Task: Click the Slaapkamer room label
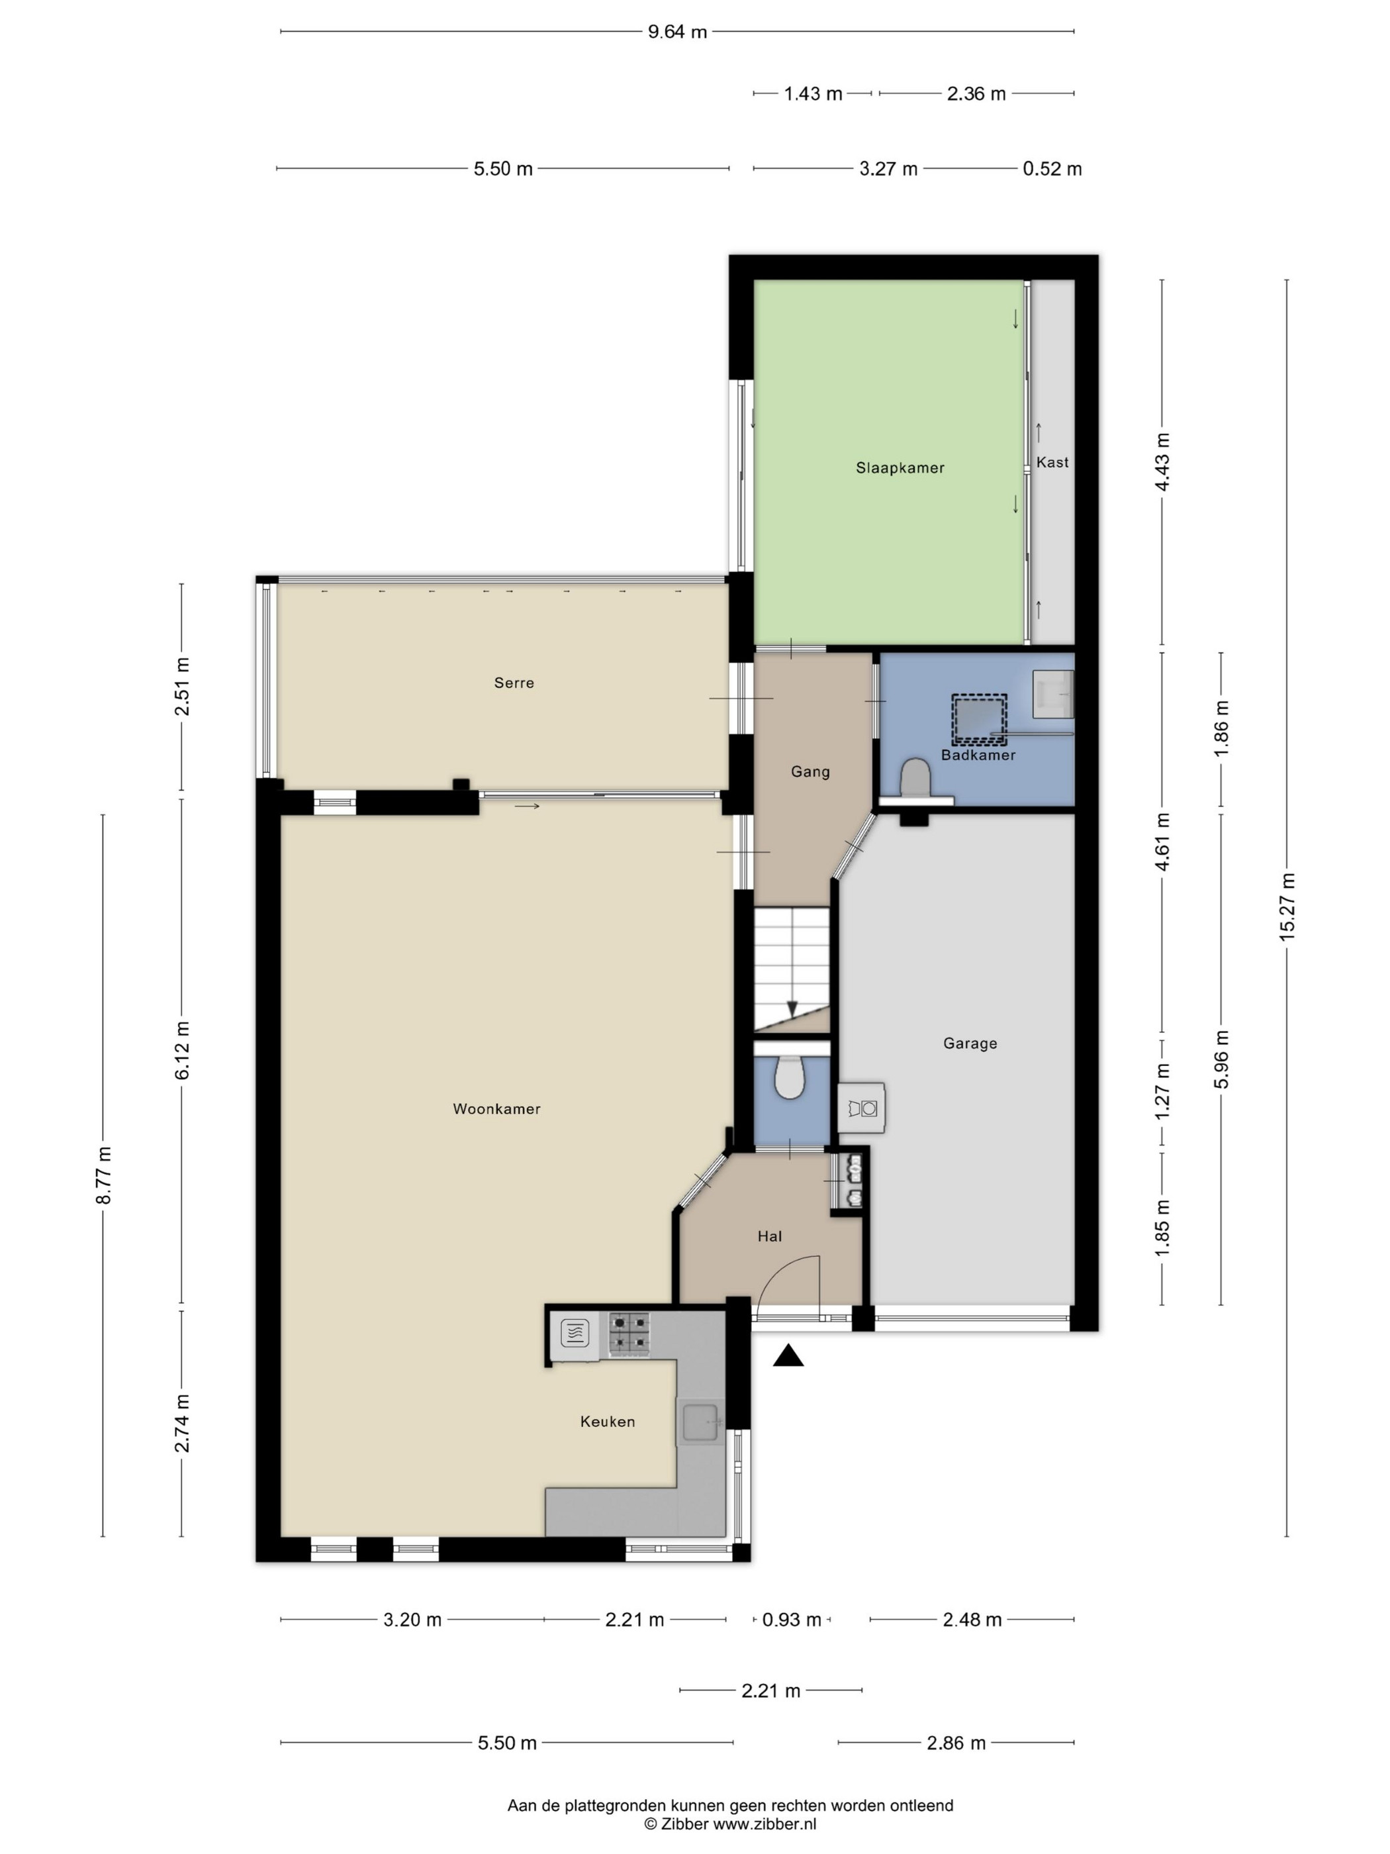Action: point(900,467)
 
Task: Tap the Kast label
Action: point(1052,462)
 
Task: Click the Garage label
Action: point(970,1044)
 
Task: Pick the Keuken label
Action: point(608,1422)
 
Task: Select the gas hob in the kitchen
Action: point(630,1333)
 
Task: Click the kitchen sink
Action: point(701,1421)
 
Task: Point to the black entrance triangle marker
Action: point(788,1355)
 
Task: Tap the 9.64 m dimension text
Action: point(677,32)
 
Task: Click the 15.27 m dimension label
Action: point(1287,907)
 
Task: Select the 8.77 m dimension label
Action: point(104,1175)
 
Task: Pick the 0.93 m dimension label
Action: point(792,1620)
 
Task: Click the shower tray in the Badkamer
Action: point(978,719)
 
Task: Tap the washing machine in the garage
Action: point(861,1107)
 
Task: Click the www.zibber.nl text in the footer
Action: point(764,1824)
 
